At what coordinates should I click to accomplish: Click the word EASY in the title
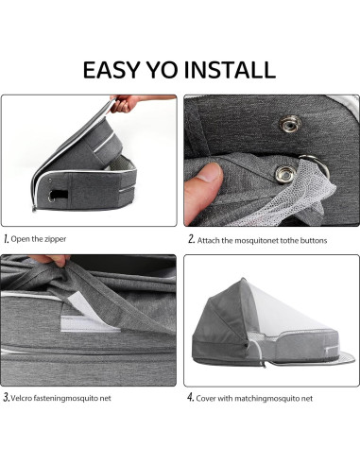(x=113, y=69)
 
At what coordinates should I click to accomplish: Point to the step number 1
(x=7, y=239)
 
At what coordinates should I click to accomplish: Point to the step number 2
(x=190, y=239)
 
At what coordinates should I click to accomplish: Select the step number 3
(x=8, y=398)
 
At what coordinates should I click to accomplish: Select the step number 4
(x=190, y=398)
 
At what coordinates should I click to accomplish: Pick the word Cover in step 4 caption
(x=211, y=399)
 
